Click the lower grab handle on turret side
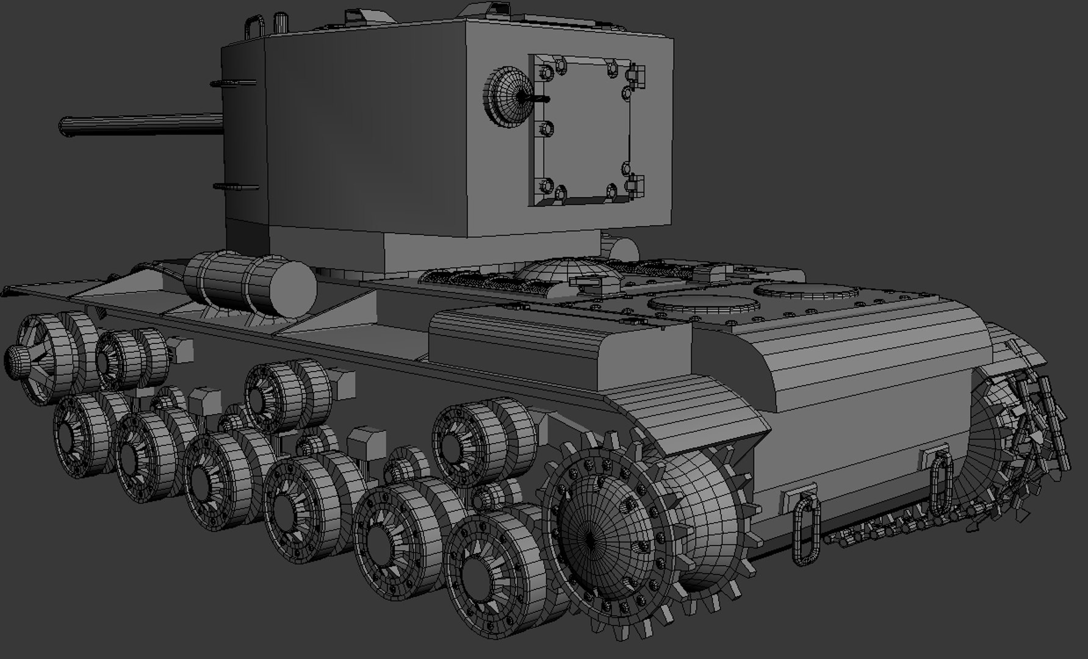[x=236, y=187]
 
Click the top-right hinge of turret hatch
[x=636, y=73]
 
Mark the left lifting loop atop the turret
[x=255, y=27]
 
